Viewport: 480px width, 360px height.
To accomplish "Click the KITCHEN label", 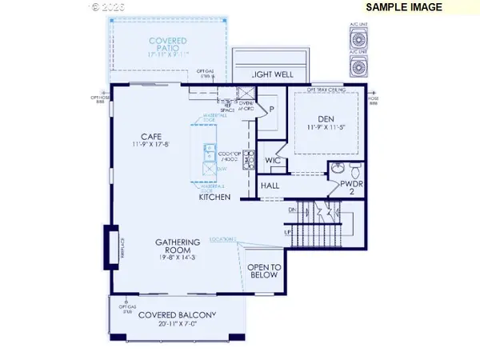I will click(215, 197).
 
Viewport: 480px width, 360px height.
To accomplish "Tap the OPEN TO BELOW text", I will click(262, 271).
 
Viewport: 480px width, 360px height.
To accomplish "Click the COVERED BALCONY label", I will click(177, 315).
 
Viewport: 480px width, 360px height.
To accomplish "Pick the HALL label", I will click(271, 186).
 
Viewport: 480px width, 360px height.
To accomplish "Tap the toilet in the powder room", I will click(357, 170).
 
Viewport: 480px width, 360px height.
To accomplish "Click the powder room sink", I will click(338, 170).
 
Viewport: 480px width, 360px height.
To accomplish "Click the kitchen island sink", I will click(207, 148).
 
